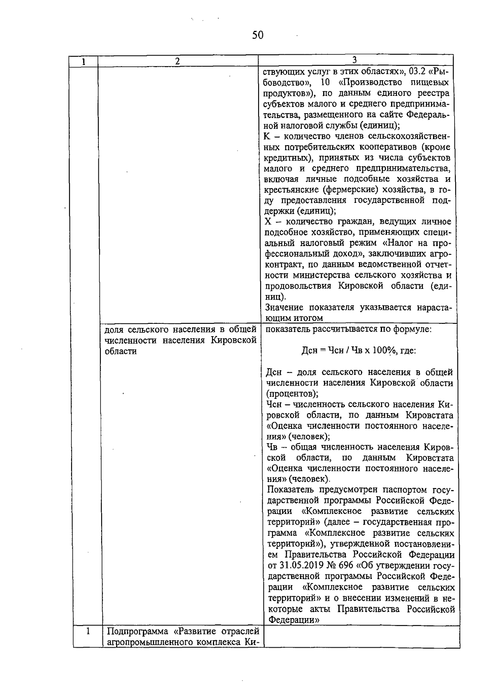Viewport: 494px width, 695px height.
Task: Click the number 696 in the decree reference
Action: tap(345, 565)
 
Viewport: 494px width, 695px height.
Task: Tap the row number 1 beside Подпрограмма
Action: tap(88, 631)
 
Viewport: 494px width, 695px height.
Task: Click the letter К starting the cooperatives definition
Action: tap(267, 136)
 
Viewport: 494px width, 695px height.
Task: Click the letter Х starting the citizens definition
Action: tap(268, 222)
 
